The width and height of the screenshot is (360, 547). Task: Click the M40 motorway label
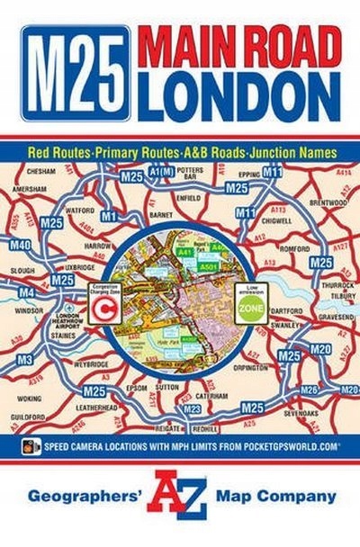20,245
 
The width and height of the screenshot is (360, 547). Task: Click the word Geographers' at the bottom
82,496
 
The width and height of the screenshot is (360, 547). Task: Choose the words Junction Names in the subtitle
289,152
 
